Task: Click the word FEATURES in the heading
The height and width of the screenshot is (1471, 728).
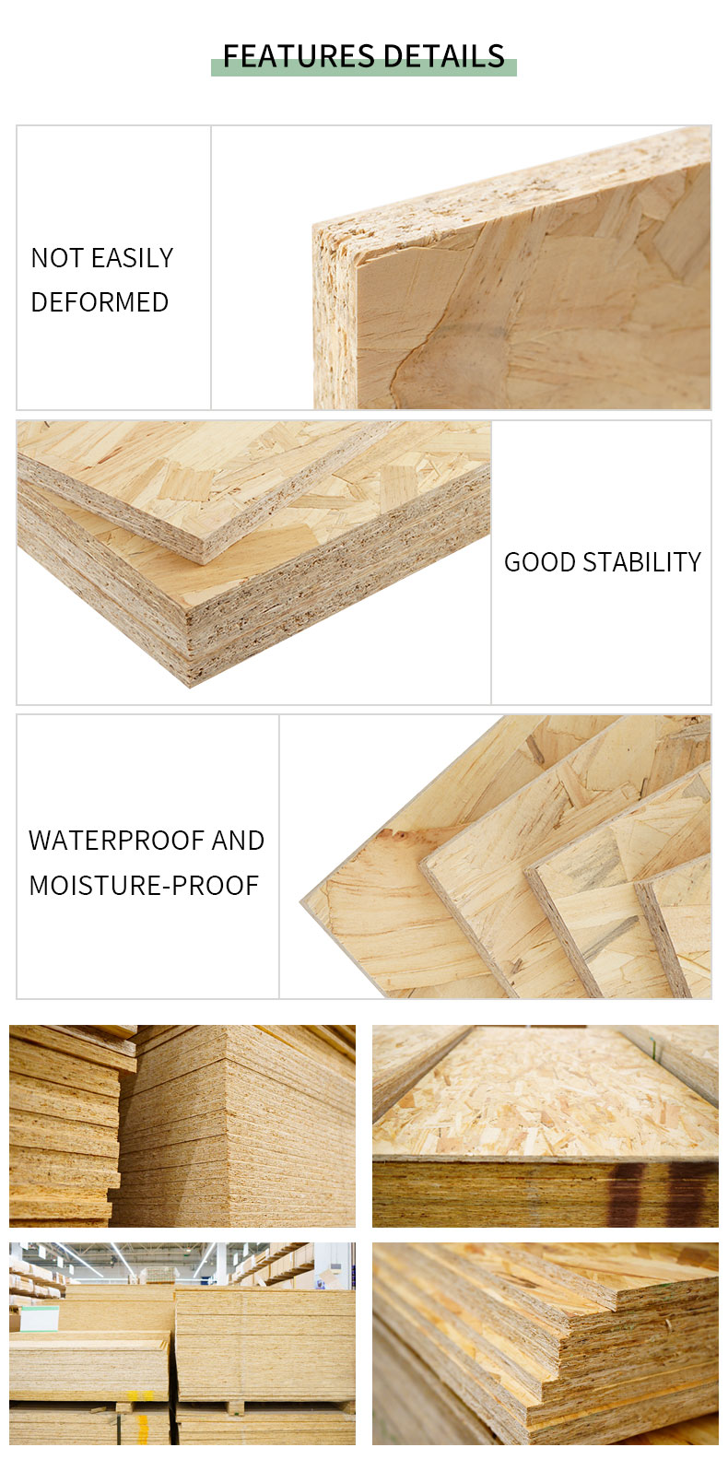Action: coord(299,56)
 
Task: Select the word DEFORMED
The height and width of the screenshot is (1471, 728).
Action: coord(100,302)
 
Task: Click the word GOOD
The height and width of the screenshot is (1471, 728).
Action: coord(540,562)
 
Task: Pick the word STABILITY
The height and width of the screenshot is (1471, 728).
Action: coord(642,562)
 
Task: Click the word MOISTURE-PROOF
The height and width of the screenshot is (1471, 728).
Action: coord(145,885)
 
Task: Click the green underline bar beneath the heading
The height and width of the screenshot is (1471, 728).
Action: coord(364,68)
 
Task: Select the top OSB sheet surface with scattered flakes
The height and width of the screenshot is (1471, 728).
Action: coord(545,1097)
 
